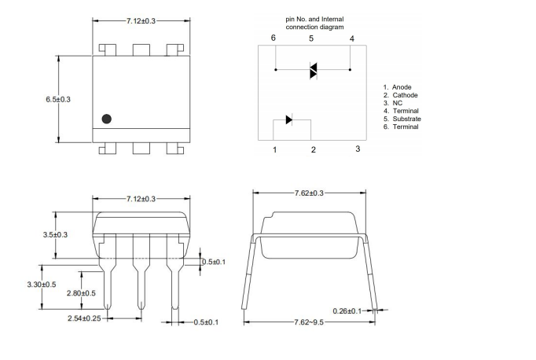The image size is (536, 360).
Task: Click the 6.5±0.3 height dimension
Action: click(x=58, y=99)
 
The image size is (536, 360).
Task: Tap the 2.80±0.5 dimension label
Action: click(x=81, y=293)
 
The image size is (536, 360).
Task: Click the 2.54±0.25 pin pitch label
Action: click(x=84, y=318)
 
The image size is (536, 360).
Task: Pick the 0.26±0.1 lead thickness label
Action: click(x=346, y=310)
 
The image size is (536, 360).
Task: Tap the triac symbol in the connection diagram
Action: click(x=312, y=71)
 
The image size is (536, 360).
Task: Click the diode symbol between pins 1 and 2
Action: click(x=289, y=119)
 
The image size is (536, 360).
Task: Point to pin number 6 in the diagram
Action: click(x=274, y=39)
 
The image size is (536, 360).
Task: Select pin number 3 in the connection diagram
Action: click(x=358, y=149)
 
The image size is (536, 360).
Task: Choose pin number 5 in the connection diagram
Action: click(x=311, y=39)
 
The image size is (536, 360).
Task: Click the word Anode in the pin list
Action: click(x=402, y=87)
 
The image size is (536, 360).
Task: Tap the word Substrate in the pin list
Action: click(x=406, y=119)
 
